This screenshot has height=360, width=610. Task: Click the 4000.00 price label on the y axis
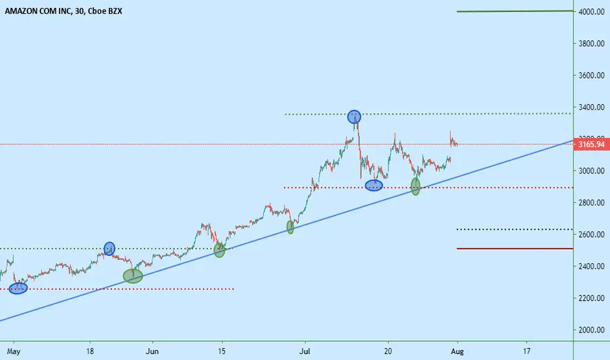coord(591,12)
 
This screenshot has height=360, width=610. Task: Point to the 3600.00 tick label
coord(591,75)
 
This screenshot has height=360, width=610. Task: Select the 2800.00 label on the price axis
coord(591,202)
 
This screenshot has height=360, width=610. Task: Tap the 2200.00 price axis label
coord(591,298)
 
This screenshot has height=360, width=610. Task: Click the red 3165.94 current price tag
coord(591,145)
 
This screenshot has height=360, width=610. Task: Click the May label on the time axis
coord(14,351)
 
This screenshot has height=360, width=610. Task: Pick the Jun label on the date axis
coord(152,351)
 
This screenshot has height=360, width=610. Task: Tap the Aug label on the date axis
coord(457,351)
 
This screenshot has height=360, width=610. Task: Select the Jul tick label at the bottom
coord(304,351)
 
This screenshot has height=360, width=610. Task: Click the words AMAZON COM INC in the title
coord(38,11)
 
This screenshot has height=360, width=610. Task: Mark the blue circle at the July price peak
coord(354,117)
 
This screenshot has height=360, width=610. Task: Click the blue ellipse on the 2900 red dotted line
coord(374,186)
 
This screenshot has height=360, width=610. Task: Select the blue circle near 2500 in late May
coord(110,248)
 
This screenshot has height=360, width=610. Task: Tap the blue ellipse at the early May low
coord(18,289)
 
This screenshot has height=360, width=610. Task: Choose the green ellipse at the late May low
coord(133,276)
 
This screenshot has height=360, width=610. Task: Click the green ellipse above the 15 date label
coord(219,250)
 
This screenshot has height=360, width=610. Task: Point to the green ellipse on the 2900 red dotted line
coord(416,187)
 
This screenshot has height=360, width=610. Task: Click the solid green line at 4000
coord(514,11)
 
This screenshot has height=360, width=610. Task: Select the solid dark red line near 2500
coord(514,248)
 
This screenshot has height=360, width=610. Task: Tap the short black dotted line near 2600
coord(514,229)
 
